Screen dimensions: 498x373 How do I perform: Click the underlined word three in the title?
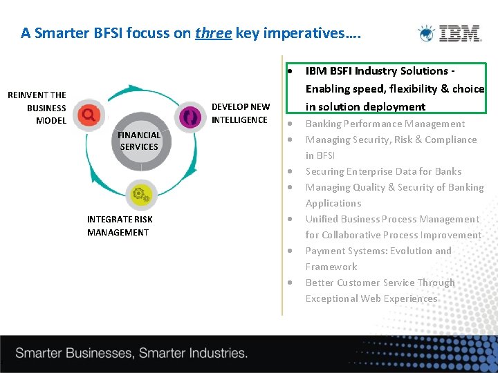(x=213, y=33)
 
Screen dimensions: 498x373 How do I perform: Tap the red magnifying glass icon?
(x=89, y=114)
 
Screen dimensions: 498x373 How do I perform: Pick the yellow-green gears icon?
(x=140, y=194)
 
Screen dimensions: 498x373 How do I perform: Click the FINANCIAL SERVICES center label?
(x=139, y=141)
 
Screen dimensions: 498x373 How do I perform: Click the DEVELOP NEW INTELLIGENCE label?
(x=240, y=113)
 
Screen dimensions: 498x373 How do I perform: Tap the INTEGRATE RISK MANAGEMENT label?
(x=120, y=226)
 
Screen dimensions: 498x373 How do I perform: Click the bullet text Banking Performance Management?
(x=385, y=124)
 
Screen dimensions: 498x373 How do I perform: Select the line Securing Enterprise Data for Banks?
(x=383, y=171)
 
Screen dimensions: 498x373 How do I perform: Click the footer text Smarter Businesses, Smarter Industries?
(x=131, y=353)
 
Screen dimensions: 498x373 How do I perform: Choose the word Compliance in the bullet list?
(x=448, y=140)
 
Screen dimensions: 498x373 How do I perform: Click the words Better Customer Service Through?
(x=380, y=283)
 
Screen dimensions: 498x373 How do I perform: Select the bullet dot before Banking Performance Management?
(x=291, y=124)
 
